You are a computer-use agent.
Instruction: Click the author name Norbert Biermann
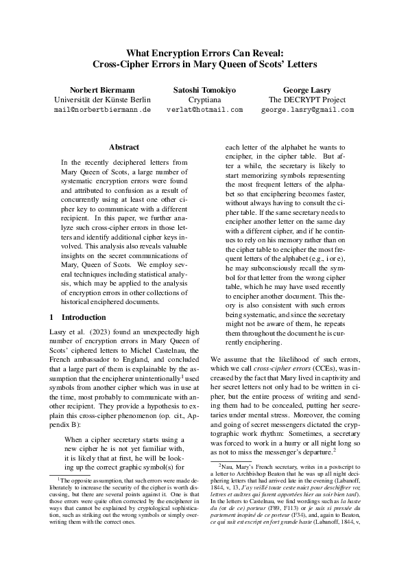click(x=101, y=90)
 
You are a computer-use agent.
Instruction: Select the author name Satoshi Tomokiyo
click(x=204, y=90)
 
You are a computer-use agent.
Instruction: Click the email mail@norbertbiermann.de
click(x=101, y=109)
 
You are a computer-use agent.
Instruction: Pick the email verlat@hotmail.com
click(x=204, y=109)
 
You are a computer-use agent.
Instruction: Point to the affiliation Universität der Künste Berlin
click(x=101, y=100)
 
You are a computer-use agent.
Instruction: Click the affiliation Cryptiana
click(x=204, y=100)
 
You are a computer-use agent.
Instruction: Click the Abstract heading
click(x=124, y=147)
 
